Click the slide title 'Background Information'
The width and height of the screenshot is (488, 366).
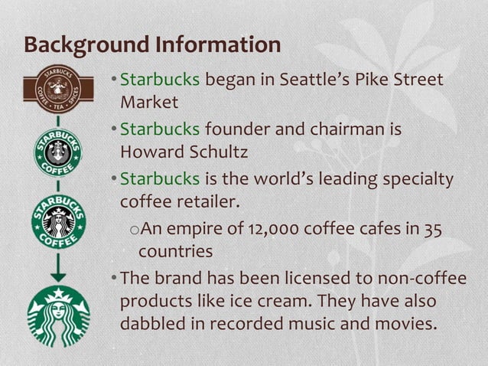(152, 44)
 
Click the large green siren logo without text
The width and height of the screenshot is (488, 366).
(58, 315)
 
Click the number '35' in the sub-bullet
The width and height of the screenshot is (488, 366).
(433, 229)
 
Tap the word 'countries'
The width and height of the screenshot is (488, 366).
(175, 250)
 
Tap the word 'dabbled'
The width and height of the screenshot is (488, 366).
(152, 322)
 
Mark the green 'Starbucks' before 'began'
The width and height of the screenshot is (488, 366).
(160, 79)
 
